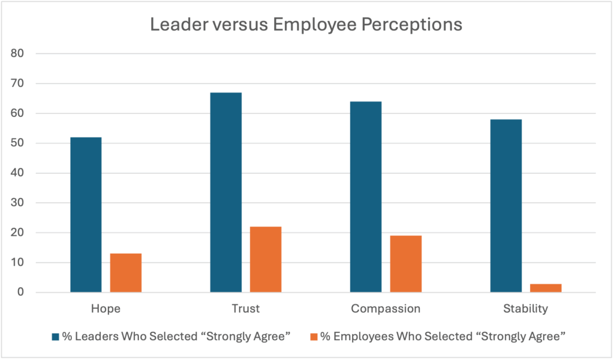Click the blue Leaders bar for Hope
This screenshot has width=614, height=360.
[x=86, y=215]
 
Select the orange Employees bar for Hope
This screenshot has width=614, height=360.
[x=125, y=273]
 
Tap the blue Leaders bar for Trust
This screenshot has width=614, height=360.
[x=225, y=193]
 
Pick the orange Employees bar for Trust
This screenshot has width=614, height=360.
[x=266, y=259]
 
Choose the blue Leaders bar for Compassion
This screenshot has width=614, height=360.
[x=366, y=197]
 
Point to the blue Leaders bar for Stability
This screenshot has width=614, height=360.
[x=505, y=206]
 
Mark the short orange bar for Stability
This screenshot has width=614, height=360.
[x=546, y=288]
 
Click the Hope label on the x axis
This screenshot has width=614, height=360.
[x=106, y=309]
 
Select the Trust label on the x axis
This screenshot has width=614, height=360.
[x=245, y=309]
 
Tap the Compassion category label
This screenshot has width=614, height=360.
[x=386, y=309]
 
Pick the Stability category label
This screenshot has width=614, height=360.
[x=525, y=309]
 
